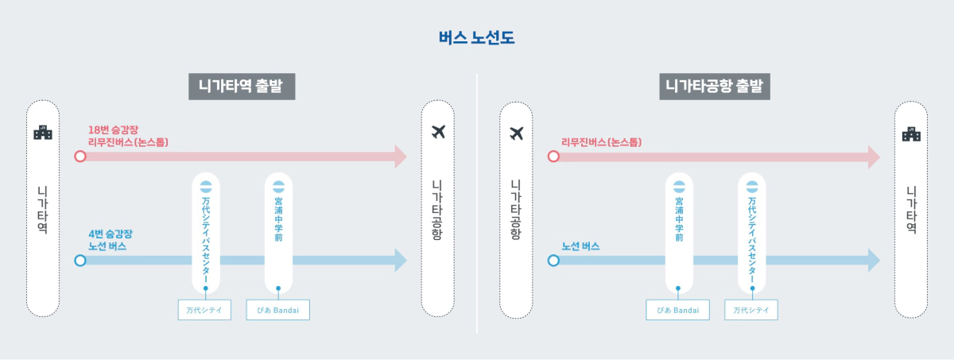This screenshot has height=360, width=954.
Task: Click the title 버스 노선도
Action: [x=476, y=37]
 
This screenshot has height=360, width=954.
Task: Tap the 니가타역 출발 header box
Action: [x=242, y=86]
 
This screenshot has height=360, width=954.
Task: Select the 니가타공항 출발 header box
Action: [x=715, y=86]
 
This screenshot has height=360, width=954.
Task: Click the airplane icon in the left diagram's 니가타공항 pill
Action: [x=437, y=132]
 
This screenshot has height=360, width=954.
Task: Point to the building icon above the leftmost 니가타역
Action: [x=43, y=133]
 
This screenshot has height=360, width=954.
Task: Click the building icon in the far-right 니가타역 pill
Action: [x=911, y=134]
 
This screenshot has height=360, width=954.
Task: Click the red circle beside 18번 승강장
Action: [x=79, y=157]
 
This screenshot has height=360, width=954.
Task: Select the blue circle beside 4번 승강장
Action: [x=79, y=260]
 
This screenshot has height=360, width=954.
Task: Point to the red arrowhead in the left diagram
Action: [x=400, y=157]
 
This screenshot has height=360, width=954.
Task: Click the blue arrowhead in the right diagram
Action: [x=873, y=260]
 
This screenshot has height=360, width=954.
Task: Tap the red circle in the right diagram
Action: [x=553, y=157]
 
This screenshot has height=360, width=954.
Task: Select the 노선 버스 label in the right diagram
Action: [x=580, y=246]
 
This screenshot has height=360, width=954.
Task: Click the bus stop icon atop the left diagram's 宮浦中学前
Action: [x=278, y=188]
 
